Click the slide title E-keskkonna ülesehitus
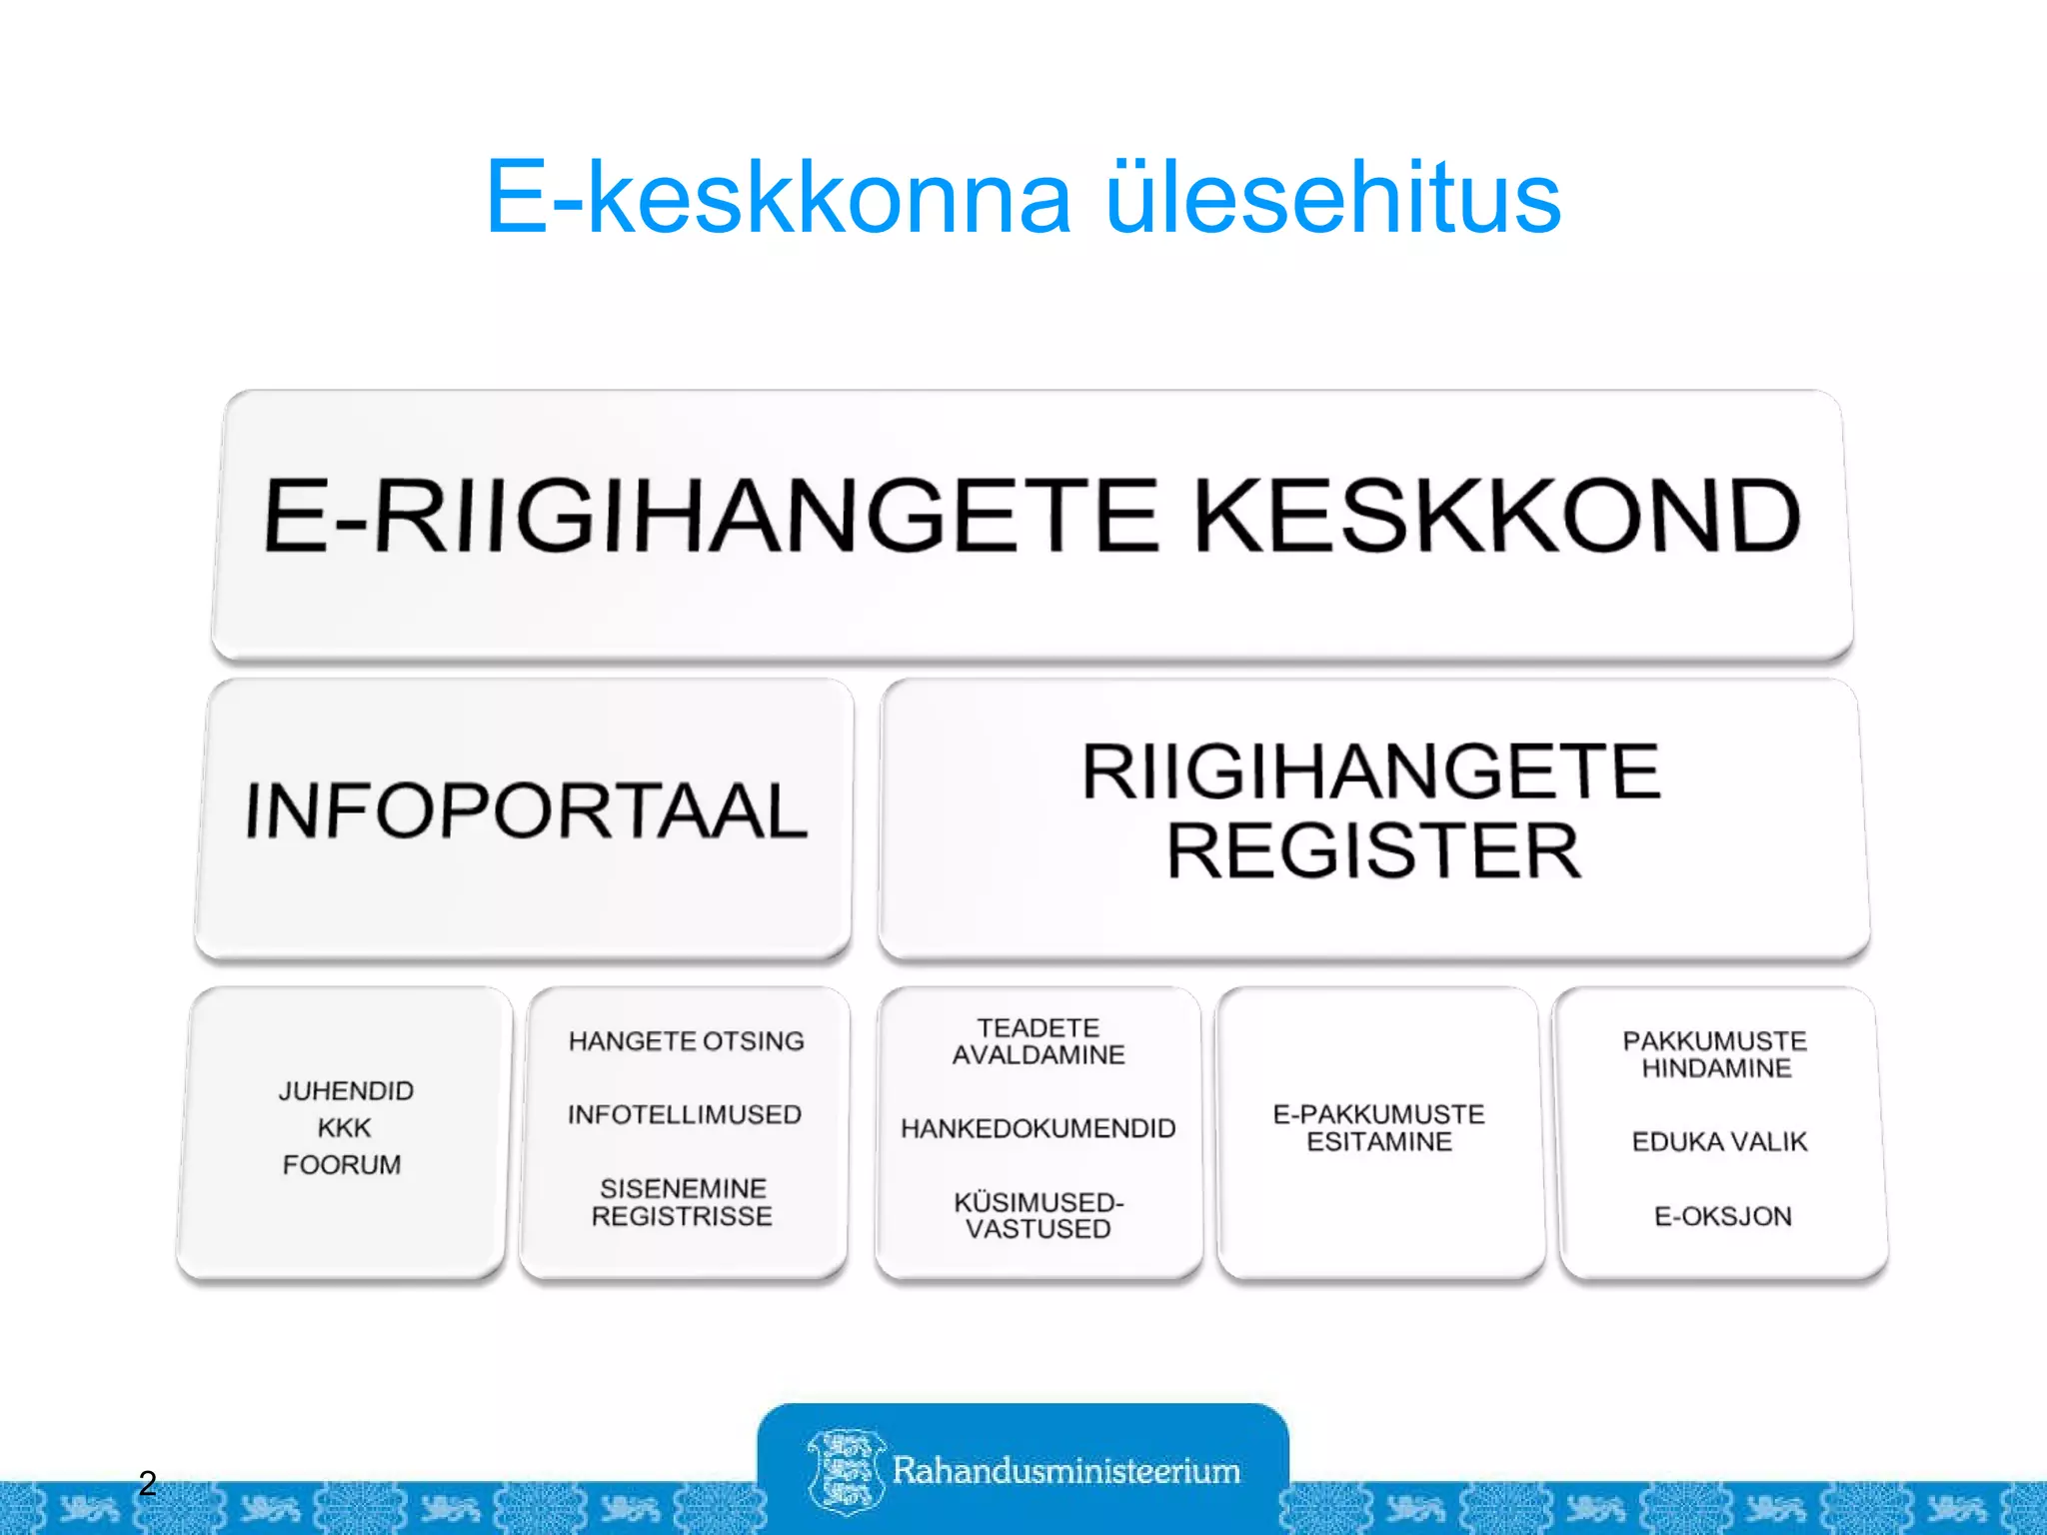(1023, 198)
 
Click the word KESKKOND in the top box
(1496, 516)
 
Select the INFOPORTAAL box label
(526, 810)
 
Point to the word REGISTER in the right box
(1373, 851)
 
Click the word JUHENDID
(346, 1090)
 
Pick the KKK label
(344, 1128)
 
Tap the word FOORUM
(342, 1165)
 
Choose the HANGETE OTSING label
(686, 1041)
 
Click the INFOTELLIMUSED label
(685, 1114)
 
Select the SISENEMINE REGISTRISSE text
(683, 1202)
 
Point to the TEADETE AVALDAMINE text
(1038, 1041)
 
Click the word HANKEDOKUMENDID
(1037, 1128)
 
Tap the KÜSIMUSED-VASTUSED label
(1038, 1215)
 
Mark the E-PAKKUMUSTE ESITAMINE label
(1379, 1128)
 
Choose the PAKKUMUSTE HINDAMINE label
(1715, 1054)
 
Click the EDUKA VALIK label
(1719, 1141)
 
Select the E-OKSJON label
(1722, 1216)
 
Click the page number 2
(148, 1483)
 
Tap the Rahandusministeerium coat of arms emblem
(845, 1470)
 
